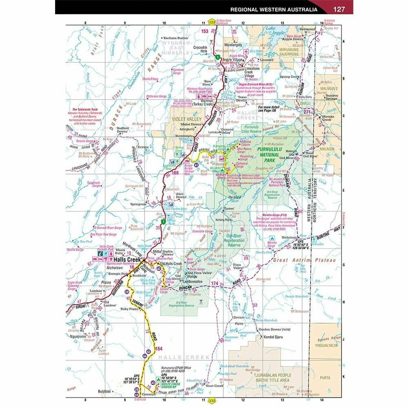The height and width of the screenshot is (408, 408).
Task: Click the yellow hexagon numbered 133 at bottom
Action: pyautogui.click(x=212, y=401)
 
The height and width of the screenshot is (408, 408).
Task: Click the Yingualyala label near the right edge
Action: pyautogui.click(x=325, y=344)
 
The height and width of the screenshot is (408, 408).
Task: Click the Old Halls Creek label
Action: pyautogui.click(x=171, y=264)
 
